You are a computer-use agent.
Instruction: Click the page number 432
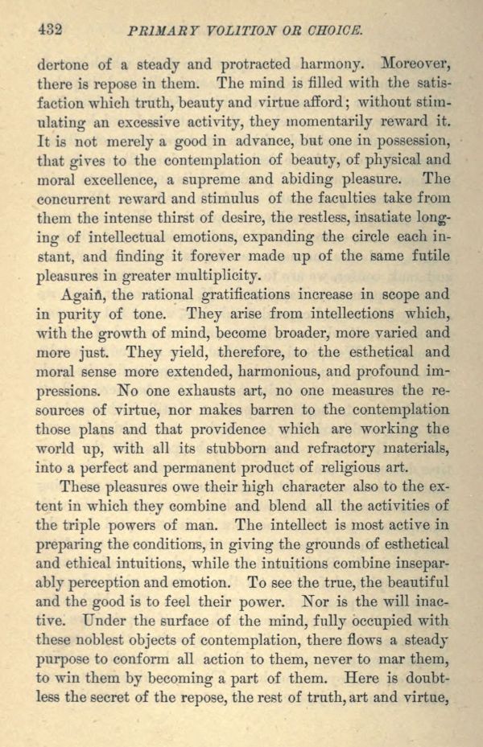click(50, 31)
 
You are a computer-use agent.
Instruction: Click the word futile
click(431, 257)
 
